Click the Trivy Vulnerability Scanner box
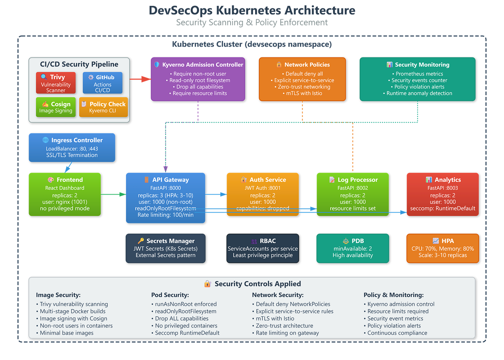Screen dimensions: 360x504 56,83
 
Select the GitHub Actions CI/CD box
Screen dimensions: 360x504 102,83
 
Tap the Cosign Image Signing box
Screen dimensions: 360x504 56,107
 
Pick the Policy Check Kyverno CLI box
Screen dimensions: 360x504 103,107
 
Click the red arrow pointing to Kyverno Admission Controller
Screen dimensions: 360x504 140,79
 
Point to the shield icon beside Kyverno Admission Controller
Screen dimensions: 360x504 157,64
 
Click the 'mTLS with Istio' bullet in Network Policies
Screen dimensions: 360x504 304,93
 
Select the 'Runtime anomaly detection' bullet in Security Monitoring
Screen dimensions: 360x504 419,93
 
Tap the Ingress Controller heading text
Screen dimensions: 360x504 77,140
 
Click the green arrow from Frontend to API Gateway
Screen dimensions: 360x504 113,194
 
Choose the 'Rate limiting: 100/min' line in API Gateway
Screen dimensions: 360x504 165,215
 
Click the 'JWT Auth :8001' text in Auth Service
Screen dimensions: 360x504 262,188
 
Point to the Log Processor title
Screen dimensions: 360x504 358,180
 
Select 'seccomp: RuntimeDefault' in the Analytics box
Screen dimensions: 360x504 442,208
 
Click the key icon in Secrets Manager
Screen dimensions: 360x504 141,241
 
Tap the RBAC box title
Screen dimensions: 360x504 268,241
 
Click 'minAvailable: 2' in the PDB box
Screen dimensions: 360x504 352,249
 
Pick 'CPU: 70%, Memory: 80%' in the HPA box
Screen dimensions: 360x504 442,249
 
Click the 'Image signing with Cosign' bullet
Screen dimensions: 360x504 73,318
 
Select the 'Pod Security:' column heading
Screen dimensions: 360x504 170,295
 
